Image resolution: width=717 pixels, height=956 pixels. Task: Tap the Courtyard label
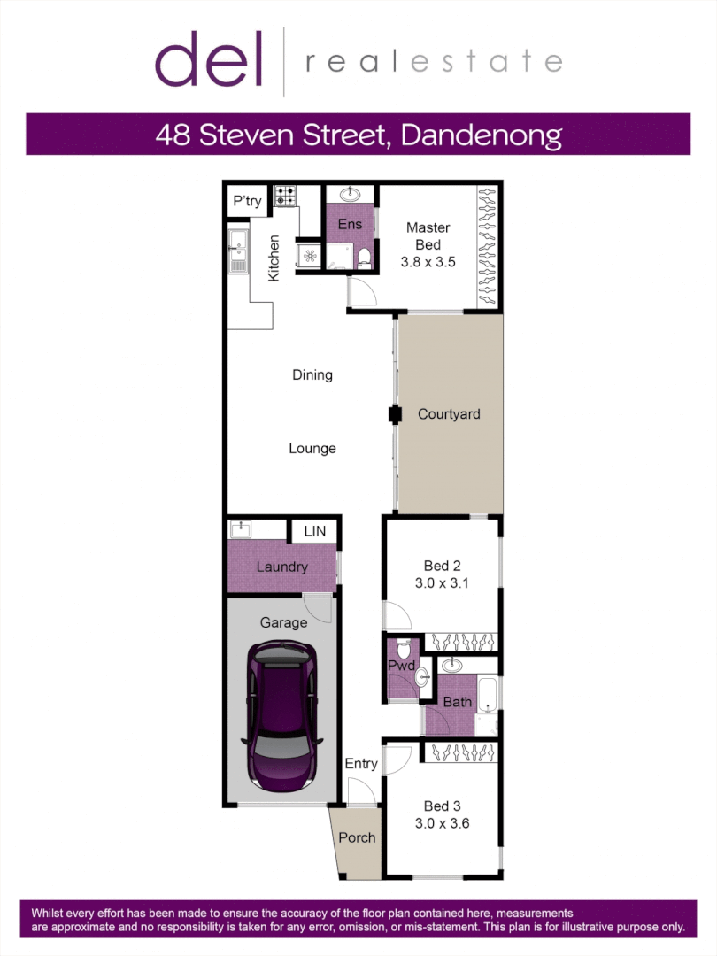point(449,413)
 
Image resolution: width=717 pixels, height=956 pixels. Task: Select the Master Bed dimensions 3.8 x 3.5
point(428,262)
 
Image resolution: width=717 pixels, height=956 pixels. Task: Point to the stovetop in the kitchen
point(285,196)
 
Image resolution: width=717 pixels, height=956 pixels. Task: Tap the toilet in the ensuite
point(364,258)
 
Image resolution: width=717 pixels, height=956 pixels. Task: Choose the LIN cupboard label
point(314,531)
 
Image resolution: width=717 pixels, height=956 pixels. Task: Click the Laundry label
point(281,567)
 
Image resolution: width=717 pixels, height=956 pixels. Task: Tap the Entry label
point(361,763)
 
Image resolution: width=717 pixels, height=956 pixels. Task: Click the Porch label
point(358,837)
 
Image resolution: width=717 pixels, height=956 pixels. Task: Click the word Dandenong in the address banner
point(482,135)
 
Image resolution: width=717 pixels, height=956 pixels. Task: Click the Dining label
point(312,374)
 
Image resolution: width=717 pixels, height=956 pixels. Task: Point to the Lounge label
point(312,448)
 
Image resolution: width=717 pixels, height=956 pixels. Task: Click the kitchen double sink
point(237,251)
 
